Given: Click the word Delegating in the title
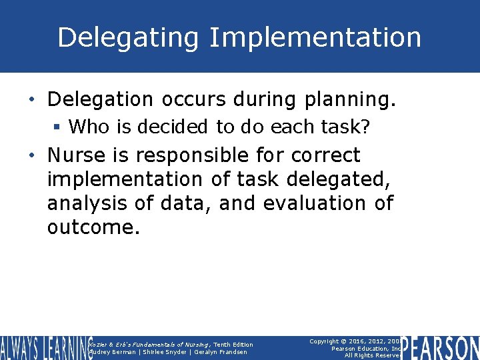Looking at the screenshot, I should point(128,38).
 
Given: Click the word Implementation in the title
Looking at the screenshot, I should point(315,38).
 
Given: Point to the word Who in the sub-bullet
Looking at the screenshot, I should point(87,126).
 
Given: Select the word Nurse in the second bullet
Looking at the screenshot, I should point(73,155).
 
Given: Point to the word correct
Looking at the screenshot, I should point(325,155).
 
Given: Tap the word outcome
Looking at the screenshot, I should point(93,227).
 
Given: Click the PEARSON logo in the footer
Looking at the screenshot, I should point(441,348).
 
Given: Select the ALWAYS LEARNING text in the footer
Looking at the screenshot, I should point(45,348).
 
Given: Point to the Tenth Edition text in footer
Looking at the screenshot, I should point(233,345).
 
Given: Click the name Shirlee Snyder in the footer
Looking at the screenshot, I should point(163,352).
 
